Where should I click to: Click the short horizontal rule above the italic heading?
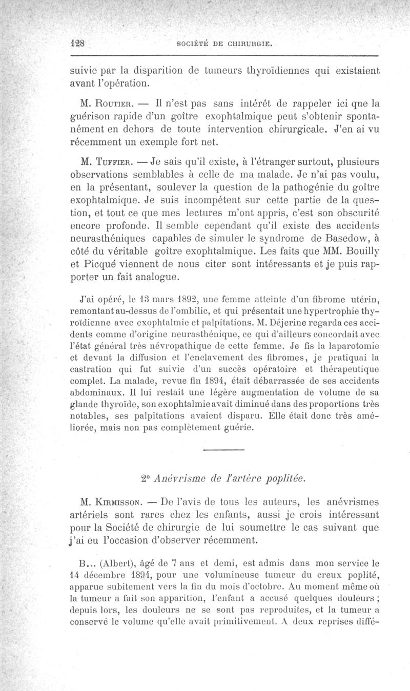[223, 450]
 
